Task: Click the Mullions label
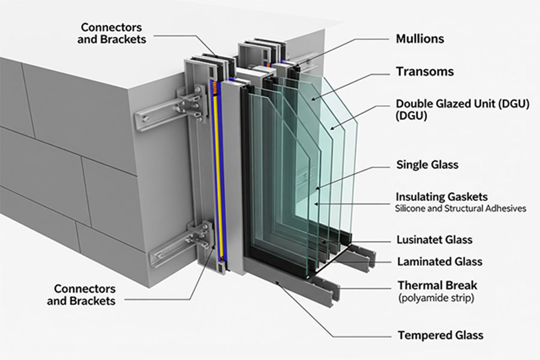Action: click(420, 39)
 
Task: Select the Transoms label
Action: click(425, 72)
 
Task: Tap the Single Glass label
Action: click(427, 164)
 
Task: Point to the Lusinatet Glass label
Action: click(434, 240)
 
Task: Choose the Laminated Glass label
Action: click(440, 262)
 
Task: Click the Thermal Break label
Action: click(437, 285)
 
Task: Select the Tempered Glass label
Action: click(440, 335)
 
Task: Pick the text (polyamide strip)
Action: click(435, 298)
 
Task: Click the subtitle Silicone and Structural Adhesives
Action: click(461, 209)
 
